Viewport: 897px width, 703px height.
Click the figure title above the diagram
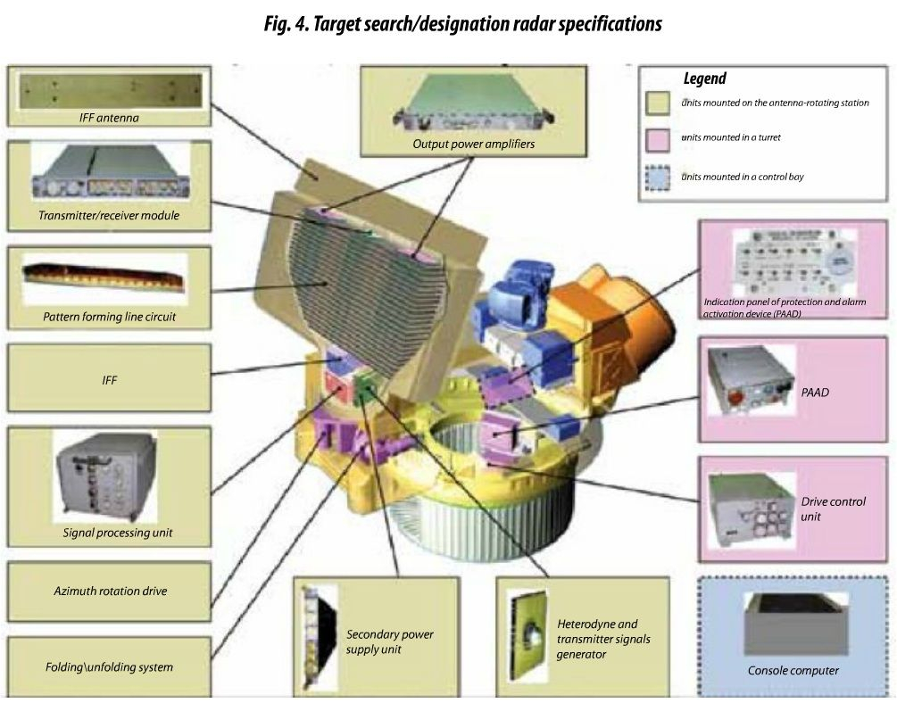(462, 24)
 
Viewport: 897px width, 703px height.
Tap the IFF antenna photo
(108, 90)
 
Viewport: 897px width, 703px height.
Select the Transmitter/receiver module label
(109, 215)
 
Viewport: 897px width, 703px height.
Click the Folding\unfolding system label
(110, 666)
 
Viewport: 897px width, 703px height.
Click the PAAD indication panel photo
(800, 260)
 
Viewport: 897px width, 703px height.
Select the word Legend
(704, 79)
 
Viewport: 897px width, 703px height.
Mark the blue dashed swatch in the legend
(660, 176)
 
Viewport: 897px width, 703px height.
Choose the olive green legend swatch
(660, 103)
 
